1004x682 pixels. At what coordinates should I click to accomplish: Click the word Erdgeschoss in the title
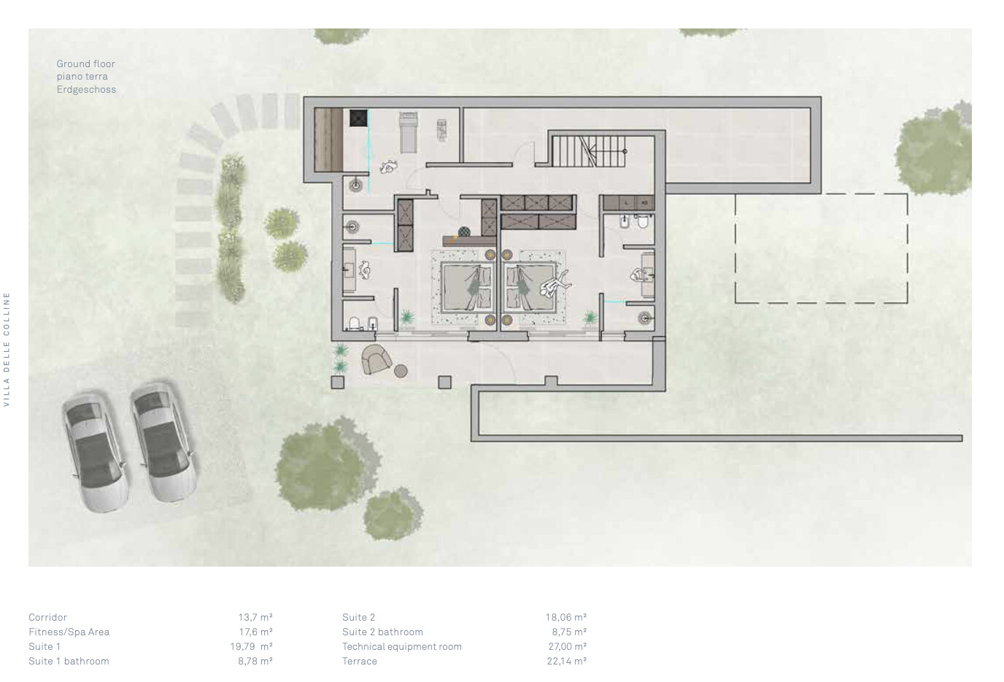86,89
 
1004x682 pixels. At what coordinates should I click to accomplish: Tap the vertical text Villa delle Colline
7,350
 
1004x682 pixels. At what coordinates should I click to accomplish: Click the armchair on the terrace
376,359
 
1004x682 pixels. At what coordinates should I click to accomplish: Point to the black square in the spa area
358,118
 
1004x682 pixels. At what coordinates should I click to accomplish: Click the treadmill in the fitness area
409,132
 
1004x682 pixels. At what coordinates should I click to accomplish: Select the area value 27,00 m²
568,646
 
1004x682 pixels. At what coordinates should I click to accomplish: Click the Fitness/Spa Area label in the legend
69,632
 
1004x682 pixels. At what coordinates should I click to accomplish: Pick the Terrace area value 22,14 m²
567,661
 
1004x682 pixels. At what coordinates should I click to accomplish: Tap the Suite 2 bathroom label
382,632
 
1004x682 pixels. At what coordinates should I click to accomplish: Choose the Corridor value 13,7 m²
255,618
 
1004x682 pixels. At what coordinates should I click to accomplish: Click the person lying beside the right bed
555,284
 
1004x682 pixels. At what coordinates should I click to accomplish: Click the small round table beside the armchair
401,371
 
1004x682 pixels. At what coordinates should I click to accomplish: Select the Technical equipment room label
401,646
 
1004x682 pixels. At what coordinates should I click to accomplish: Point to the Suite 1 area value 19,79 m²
252,646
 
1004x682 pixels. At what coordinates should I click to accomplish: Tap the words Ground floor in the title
85,64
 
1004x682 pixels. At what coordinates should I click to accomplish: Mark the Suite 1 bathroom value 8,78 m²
255,661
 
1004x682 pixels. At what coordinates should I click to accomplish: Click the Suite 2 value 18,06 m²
566,618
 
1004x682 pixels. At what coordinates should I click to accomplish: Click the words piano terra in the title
82,76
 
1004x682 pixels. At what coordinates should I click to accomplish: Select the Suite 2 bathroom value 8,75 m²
569,632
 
